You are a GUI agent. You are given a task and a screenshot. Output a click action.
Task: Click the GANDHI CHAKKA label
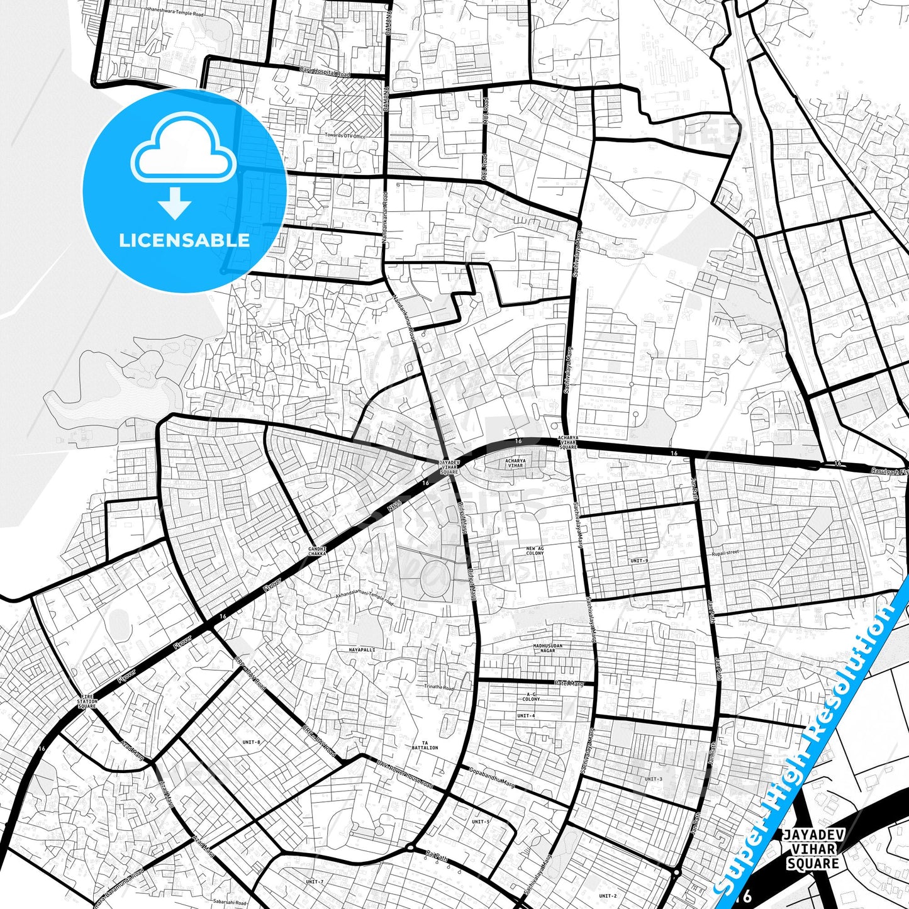coord(317,551)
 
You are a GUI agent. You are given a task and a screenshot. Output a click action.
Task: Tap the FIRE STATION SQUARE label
coord(87,701)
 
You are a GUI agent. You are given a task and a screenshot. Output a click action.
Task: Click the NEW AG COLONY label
coord(535,550)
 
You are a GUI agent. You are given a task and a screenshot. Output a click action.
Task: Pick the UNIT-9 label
coord(639,560)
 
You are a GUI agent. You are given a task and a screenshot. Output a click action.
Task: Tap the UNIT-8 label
coord(251,742)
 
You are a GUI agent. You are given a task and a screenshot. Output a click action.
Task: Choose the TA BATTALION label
coord(425,745)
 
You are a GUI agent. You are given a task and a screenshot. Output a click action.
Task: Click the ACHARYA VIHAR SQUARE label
coord(568,442)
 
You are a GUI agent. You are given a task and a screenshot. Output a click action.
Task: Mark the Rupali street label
coord(725,553)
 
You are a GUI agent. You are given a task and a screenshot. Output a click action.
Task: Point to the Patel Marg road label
coord(569,683)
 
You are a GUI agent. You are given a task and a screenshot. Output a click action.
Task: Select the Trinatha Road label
coord(438,688)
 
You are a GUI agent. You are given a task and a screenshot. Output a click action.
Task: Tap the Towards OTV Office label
coord(345,135)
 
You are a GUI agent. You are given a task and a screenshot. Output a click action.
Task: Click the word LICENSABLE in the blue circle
coord(184,240)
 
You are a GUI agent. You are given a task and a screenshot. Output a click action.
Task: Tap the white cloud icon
coord(184,150)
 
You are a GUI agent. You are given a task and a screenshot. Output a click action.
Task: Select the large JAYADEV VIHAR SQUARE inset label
coord(812,849)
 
